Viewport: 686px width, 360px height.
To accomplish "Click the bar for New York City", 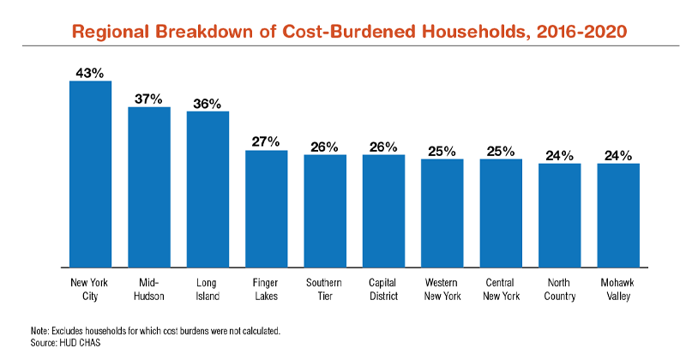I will [90, 174].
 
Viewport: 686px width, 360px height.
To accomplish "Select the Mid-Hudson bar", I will [149, 187].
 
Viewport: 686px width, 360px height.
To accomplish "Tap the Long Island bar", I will [208, 189].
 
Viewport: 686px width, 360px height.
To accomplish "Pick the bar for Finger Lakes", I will [266, 208].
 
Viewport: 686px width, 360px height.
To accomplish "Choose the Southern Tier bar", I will [325, 211].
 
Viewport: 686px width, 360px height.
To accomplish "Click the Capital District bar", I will [383, 211].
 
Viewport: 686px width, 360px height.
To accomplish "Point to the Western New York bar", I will [442, 213].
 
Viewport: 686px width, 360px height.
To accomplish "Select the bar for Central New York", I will [501, 213].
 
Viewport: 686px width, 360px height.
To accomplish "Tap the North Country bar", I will [559, 215].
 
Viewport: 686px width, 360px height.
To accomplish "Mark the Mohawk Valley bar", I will [618, 215].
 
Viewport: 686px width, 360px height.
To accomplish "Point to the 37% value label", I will [149, 99].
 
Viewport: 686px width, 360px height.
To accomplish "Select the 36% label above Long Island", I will [208, 103].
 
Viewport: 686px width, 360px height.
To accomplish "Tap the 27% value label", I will [266, 141].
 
